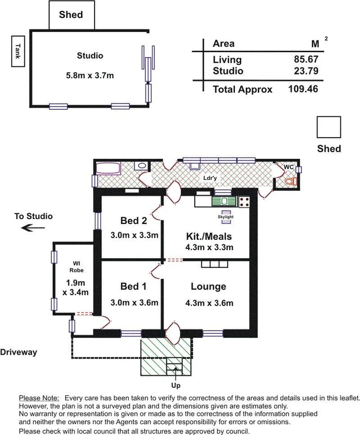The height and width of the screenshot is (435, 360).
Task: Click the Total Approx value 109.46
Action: coord(302,89)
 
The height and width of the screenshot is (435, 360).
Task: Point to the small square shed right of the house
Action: coord(329,128)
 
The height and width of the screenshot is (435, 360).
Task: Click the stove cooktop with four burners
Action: coord(244,202)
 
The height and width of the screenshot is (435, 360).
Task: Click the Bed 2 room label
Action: coord(134,222)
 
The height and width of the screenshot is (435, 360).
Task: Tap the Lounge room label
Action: coord(208,287)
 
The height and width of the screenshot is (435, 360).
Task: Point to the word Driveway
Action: coord(18,352)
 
